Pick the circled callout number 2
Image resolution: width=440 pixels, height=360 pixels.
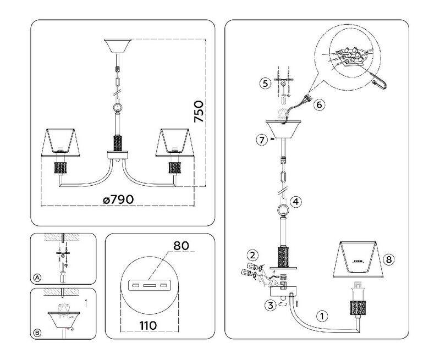click(252, 255)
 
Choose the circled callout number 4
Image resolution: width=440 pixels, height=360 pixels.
click(296, 202)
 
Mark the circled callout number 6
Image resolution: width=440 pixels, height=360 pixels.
click(319, 104)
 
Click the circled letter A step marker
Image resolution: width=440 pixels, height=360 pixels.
click(37, 278)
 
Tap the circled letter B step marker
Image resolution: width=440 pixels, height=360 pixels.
click(37, 332)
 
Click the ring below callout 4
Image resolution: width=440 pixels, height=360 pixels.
click(283, 210)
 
